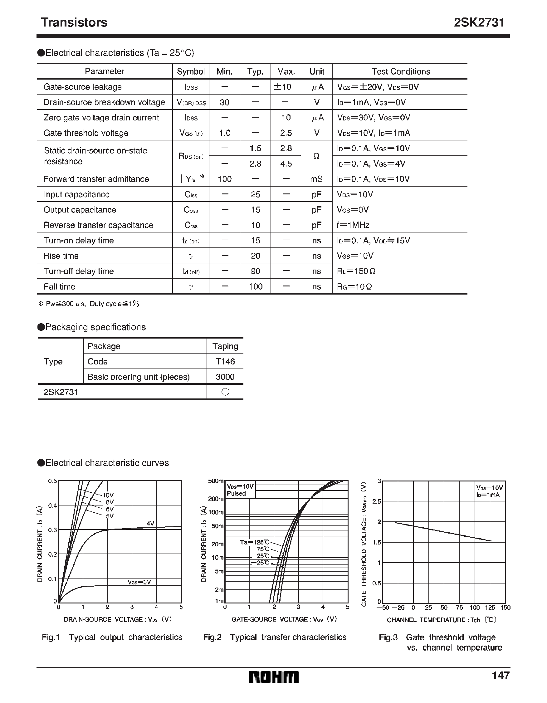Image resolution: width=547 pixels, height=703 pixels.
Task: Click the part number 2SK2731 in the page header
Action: pos(479,22)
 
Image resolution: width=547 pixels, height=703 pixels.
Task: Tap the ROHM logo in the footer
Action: pos(273,677)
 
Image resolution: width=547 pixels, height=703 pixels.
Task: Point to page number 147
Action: pos(500,675)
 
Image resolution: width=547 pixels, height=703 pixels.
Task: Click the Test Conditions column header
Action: pos(401,71)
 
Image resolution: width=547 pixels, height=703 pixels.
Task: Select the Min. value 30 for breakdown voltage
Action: pos(224,102)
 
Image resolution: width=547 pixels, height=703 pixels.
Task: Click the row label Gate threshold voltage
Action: pos(85,133)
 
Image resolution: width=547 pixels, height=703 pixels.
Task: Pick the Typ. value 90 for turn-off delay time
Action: pos(255,271)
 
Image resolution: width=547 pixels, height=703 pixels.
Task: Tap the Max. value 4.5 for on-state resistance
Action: pos(286,164)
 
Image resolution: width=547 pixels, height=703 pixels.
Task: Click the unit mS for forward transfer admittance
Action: pos(316,179)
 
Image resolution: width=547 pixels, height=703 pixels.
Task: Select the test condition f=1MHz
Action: pos(353,225)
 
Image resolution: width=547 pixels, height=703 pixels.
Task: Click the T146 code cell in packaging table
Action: pos(225,361)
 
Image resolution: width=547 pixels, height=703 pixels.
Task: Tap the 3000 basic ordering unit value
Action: pos(225,377)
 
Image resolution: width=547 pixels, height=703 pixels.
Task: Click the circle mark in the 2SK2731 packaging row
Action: pos(225,392)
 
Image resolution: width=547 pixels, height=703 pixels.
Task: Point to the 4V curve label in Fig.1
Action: pos(150,523)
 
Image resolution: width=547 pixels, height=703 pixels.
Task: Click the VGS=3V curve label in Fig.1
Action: pos(139,582)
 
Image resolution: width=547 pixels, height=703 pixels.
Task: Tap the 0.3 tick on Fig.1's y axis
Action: pos(52,530)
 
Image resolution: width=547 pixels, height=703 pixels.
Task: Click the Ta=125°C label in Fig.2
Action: pos(254,542)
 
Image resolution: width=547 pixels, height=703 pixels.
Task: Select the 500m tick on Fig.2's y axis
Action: pos(216,481)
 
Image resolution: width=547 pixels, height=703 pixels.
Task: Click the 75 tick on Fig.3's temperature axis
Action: pos(459,608)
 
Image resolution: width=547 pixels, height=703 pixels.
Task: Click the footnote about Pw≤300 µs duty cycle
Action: pos(89,304)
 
